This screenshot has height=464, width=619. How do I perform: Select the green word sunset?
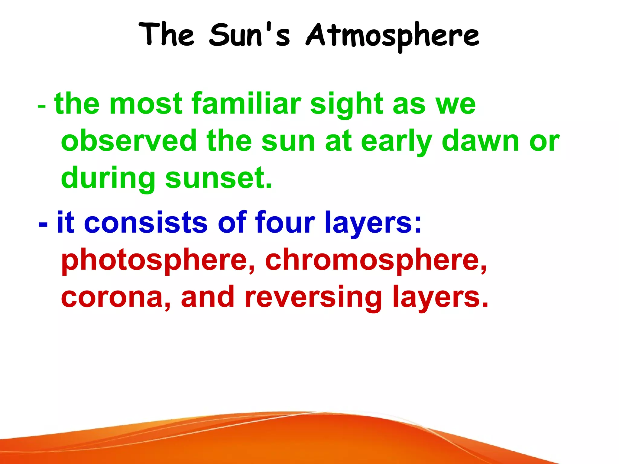[219, 178]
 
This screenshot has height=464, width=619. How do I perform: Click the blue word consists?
[146, 222]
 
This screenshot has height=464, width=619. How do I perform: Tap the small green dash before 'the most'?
[42, 107]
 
